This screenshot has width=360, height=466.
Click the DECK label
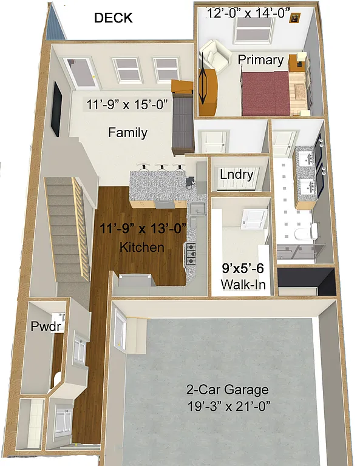click(113, 18)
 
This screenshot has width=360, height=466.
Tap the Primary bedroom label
click(260, 60)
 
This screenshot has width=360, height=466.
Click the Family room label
click(127, 132)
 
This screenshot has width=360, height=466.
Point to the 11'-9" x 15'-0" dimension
click(127, 105)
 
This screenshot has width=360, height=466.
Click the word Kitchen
click(142, 248)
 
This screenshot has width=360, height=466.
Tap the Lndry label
click(236, 175)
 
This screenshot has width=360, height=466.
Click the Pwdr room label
click(43, 326)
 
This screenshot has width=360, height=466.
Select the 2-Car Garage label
click(228, 390)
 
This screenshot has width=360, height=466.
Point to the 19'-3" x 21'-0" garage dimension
click(228, 405)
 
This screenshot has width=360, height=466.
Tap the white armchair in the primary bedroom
click(216, 55)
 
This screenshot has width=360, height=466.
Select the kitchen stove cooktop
click(191, 254)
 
